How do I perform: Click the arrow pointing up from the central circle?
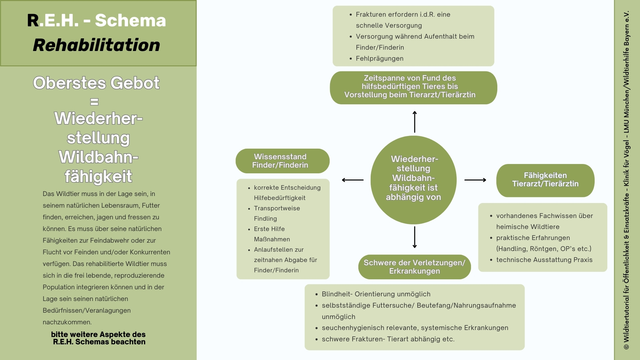(415, 122)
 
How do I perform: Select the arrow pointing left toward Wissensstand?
(353, 180)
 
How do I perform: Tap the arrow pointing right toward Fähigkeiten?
(475, 180)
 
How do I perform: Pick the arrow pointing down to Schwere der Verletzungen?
(415, 237)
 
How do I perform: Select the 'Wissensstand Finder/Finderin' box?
(282, 161)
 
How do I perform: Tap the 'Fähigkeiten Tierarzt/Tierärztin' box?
(545, 180)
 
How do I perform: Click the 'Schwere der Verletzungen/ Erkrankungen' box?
(414, 267)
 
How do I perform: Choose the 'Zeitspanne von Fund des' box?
(413, 87)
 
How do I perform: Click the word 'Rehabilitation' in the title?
(97, 45)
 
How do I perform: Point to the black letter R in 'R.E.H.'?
(33, 21)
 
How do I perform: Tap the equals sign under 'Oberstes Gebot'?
(95, 102)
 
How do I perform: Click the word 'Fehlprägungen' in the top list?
(379, 59)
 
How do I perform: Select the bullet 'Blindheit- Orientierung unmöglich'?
(376, 294)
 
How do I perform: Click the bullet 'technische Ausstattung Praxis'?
(544, 260)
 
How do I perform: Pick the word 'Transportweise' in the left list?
(277, 208)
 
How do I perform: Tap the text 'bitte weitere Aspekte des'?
(98, 334)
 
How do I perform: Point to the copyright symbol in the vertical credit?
(626, 347)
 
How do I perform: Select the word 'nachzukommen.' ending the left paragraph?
(67, 322)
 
